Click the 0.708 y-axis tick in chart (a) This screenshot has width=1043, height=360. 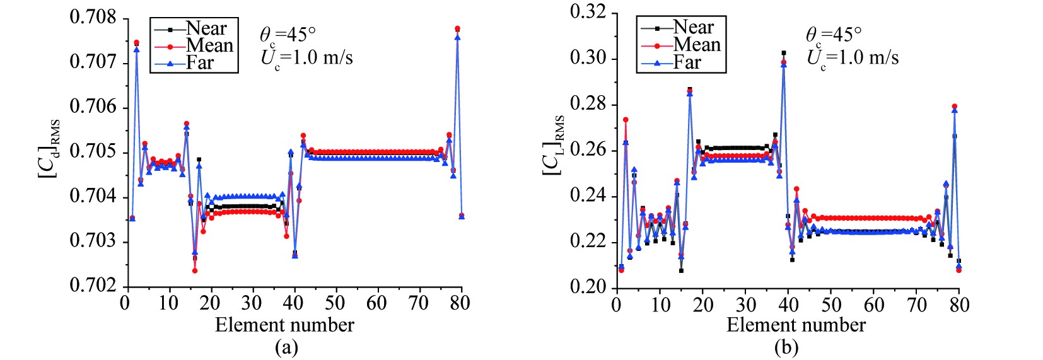tap(93, 18)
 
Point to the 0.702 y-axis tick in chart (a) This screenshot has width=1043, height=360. tap(93, 286)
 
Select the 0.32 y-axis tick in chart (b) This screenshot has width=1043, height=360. tap(588, 12)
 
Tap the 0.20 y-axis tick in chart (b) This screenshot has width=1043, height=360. tap(588, 287)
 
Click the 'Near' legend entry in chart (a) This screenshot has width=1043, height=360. tap(206, 28)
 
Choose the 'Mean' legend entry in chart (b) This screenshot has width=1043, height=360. tap(696, 45)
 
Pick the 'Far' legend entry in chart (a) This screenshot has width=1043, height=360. tap(199, 63)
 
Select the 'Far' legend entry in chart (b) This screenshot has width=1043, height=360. tap(687, 62)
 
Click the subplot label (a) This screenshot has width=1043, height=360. tap(286, 347)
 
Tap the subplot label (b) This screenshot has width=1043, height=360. tap(786, 347)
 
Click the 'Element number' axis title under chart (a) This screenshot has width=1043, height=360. tap(284, 325)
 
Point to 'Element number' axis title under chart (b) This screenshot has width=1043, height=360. tap(796, 325)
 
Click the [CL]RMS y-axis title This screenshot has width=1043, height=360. tap(553, 146)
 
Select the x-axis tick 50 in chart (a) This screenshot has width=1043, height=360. tap(335, 303)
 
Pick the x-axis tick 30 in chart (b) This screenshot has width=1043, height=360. tap(745, 305)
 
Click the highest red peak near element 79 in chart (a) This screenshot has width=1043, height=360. tap(457, 29)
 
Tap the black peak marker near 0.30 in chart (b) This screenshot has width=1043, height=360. tap(783, 53)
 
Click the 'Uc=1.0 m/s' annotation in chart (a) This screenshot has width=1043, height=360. tap(306, 59)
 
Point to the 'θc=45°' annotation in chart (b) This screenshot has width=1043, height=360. tap(834, 35)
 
